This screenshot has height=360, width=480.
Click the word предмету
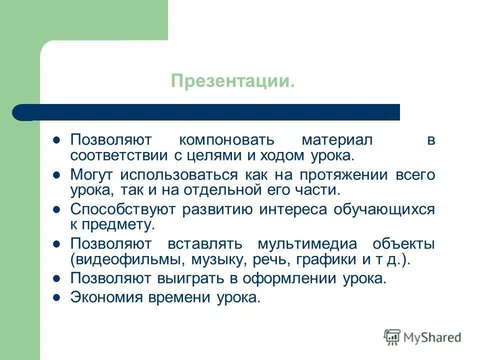click(x=117, y=225)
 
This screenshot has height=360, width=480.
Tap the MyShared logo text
click(x=432, y=337)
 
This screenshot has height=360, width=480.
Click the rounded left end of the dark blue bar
click(x=20, y=112)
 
